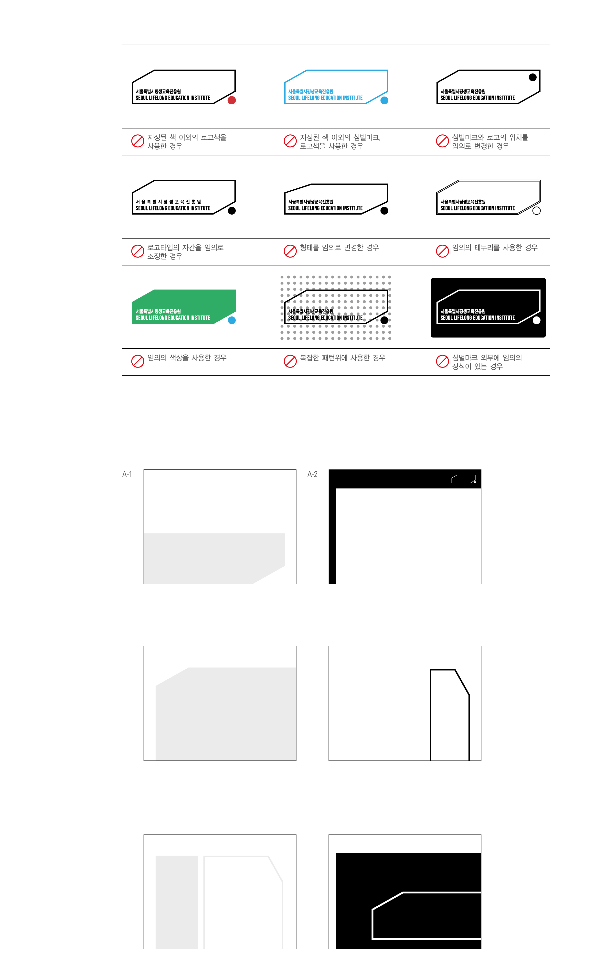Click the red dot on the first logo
coord(232,100)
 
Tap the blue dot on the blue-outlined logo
coord(384,100)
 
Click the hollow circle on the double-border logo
coord(537,210)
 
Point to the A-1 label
coord(127,474)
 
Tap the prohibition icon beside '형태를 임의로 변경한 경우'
coord(290,251)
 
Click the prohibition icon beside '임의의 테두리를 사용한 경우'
coord(443,251)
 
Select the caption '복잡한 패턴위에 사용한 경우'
coord(343,358)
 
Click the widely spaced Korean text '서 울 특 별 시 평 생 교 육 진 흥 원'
coord(168,202)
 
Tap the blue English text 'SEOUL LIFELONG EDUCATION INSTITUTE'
coord(325,98)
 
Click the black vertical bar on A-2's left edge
coord(332,536)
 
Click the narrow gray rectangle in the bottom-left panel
coord(177,902)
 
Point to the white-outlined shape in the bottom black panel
coord(373,922)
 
